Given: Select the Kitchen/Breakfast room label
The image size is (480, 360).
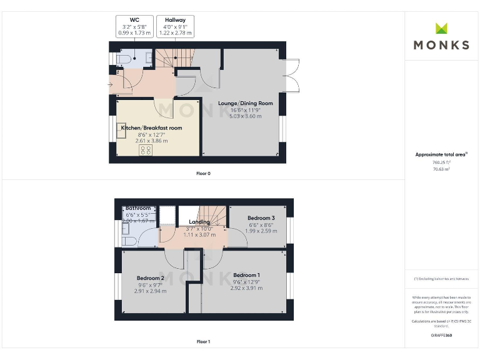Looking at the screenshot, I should tap(151, 128).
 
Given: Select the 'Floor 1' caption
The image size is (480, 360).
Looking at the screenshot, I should tap(203, 342).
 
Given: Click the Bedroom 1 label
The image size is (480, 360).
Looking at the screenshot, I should tap(246, 275).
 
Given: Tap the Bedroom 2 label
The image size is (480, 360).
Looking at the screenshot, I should tap(151, 278).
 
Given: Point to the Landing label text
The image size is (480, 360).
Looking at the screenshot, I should tap(199, 222).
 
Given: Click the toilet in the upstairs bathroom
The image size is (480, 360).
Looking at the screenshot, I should tap(127, 241).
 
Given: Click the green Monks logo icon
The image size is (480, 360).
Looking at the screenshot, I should tap(441, 28).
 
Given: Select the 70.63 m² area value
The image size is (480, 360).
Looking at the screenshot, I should tap(441, 168).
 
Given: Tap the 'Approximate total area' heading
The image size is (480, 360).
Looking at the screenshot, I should tap(440, 154).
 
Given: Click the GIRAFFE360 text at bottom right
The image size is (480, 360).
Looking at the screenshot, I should tap(441, 336).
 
